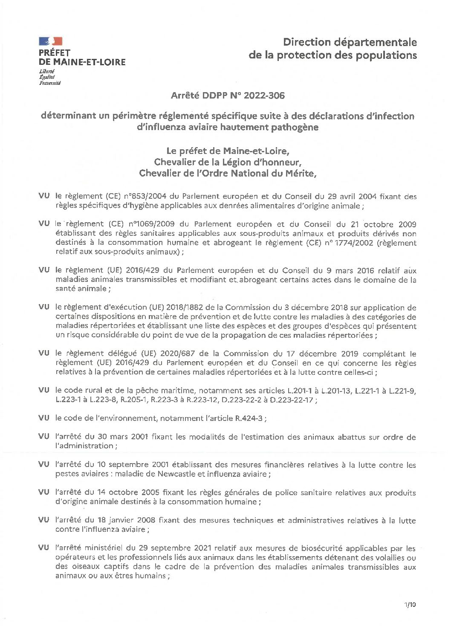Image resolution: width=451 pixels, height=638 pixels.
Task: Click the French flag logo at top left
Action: pos(51,41)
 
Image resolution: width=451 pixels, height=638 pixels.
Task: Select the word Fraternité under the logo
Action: pos(49,83)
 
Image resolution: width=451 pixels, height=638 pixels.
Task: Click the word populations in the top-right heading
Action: pos(387,55)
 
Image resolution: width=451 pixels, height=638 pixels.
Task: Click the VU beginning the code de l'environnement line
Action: pos(44,418)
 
